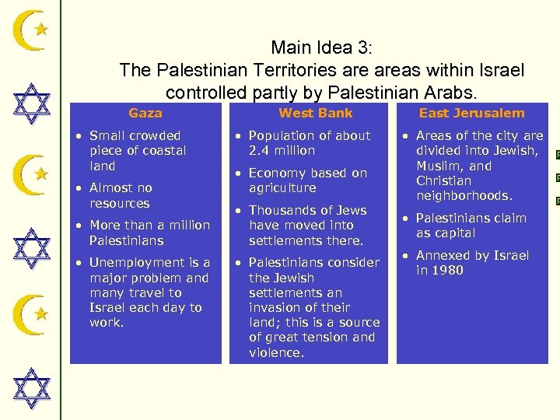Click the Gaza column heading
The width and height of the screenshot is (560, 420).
point(145,114)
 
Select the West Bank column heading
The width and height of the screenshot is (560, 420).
point(315,114)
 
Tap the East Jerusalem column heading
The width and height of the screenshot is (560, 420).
point(471,114)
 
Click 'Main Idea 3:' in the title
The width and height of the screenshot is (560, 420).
point(321,47)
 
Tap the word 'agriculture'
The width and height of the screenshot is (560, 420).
point(282,188)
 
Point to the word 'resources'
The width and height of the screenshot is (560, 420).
point(119,204)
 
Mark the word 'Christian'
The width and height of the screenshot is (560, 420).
point(443,181)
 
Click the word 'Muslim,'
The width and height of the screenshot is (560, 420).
point(439,166)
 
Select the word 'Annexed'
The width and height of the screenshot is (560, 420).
point(443,256)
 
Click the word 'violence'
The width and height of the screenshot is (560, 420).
point(275,353)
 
